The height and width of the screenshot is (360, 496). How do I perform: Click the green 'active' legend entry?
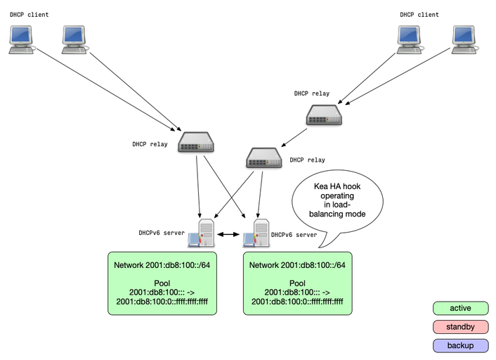(460, 308)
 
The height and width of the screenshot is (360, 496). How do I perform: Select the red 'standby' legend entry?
(460, 327)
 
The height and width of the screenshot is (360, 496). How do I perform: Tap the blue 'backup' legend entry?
(460, 345)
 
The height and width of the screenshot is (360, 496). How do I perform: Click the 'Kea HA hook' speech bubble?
(338, 200)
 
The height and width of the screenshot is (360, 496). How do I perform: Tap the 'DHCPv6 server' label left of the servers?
(162, 233)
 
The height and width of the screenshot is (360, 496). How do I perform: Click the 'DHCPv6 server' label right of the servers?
(294, 235)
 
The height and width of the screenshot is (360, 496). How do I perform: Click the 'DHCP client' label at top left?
(29, 14)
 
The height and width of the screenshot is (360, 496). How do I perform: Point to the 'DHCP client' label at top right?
(419, 14)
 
